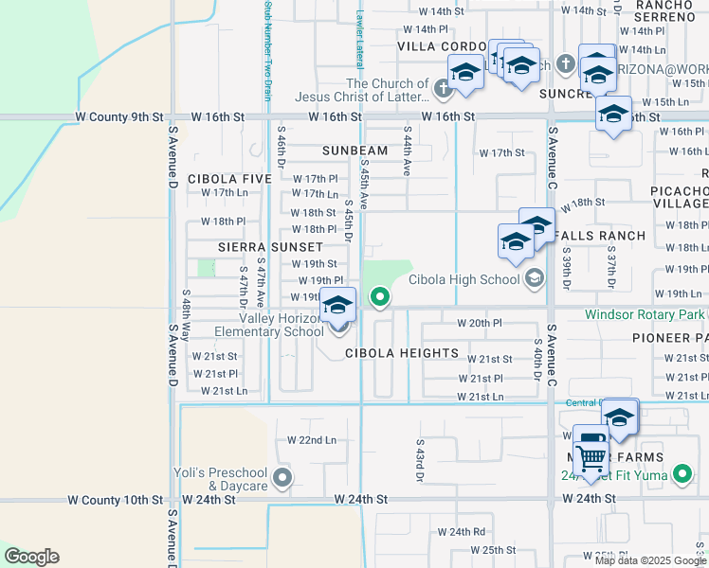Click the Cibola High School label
pyautogui.click(x=464, y=279)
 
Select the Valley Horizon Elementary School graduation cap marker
pyautogui.click(x=337, y=306)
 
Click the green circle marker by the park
pyautogui.click(x=380, y=298)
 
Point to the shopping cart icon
pyautogui.click(x=591, y=458)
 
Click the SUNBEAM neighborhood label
pyautogui.click(x=354, y=151)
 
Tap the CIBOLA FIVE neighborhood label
pyautogui.click(x=229, y=179)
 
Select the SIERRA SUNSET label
pyautogui.click(x=264, y=246)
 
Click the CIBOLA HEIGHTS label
pyautogui.click(x=401, y=353)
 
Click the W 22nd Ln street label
pyautogui.click(x=311, y=440)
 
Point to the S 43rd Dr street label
pyautogui.click(x=418, y=459)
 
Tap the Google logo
pyautogui.click(x=31, y=557)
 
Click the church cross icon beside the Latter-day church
pyautogui.click(x=442, y=90)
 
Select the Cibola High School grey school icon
pyautogui.click(x=535, y=278)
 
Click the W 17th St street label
pyautogui.click(x=501, y=152)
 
